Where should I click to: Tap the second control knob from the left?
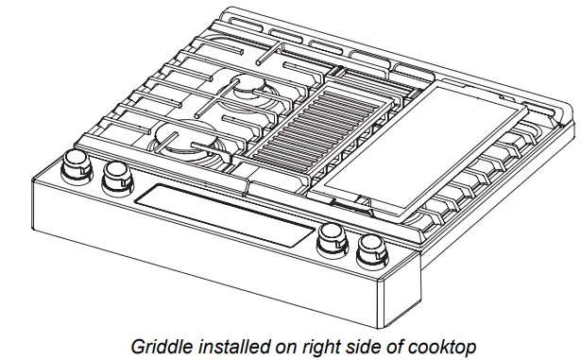[x=116, y=174]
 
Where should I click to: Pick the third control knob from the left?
[x=330, y=239]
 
